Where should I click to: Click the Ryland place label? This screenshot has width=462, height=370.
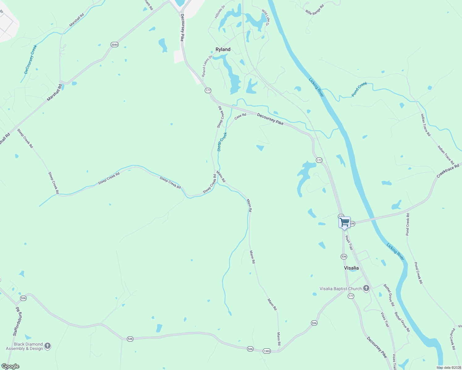[x=223, y=49]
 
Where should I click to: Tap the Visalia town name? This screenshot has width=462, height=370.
[x=351, y=268]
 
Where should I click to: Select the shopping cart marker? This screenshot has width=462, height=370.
[x=344, y=222]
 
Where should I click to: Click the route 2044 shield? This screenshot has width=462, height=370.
[x=114, y=45]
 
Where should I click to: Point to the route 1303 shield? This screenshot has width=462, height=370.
[x=267, y=351]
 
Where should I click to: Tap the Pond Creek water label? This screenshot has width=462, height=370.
[x=359, y=89]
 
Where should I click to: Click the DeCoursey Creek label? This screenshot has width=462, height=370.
[x=31, y=59]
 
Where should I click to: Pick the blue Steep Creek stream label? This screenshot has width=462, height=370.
[x=222, y=142]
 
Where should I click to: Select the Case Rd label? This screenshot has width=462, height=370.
[x=240, y=116]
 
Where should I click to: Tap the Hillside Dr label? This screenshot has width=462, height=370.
[x=220, y=12]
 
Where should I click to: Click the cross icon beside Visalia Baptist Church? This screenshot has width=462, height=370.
[x=366, y=289]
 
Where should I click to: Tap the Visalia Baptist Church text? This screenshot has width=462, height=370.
[x=340, y=289]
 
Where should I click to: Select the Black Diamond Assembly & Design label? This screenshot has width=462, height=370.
[x=24, y=346]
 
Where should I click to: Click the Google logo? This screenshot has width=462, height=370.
[x=10, y=366]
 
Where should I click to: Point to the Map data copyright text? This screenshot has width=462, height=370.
[x=449, y=368]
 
